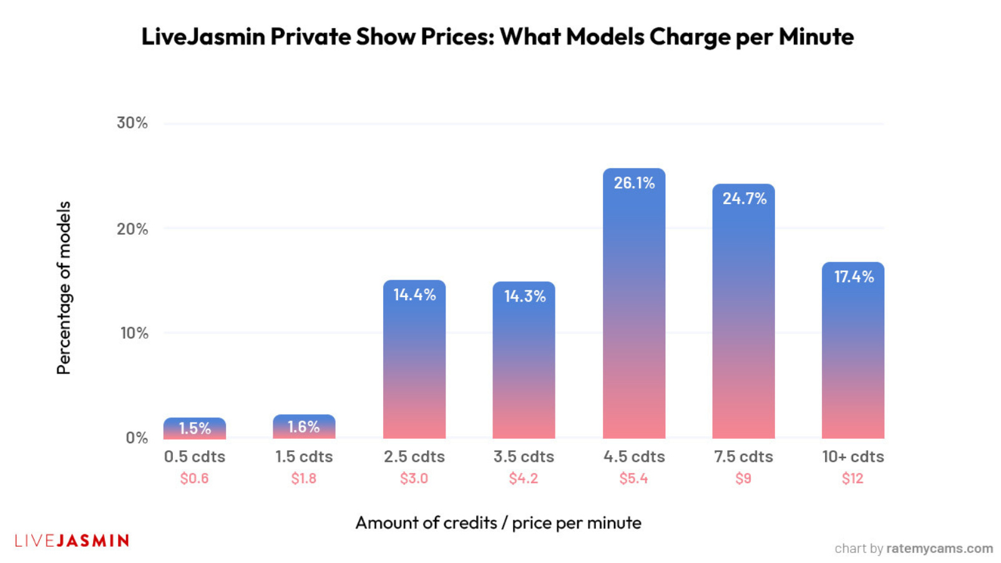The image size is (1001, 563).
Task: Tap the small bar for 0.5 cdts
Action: pos(195,429)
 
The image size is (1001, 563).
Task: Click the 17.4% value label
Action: pos(854,277)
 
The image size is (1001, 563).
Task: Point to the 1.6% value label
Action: pos(303,427)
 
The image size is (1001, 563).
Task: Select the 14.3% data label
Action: pos(524,296)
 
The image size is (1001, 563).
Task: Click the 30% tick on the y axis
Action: pos(132,123)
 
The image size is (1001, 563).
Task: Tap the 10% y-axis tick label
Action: pos(134,333)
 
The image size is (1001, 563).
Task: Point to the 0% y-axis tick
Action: pos(137,438)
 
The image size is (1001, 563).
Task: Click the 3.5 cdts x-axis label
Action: pos(524,457)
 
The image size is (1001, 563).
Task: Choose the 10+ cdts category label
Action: pos(852,457)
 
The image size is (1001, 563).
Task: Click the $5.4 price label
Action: pos(633,479)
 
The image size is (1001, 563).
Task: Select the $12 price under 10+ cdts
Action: pos(852,479)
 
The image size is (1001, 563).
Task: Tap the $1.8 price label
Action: pos(304,479)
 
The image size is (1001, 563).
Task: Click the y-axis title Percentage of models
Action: pos(64,288)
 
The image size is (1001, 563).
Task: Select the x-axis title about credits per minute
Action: pos(498,523)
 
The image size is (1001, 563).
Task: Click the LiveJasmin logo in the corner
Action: pos(72,541)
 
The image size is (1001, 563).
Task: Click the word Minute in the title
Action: pos(816,37)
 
